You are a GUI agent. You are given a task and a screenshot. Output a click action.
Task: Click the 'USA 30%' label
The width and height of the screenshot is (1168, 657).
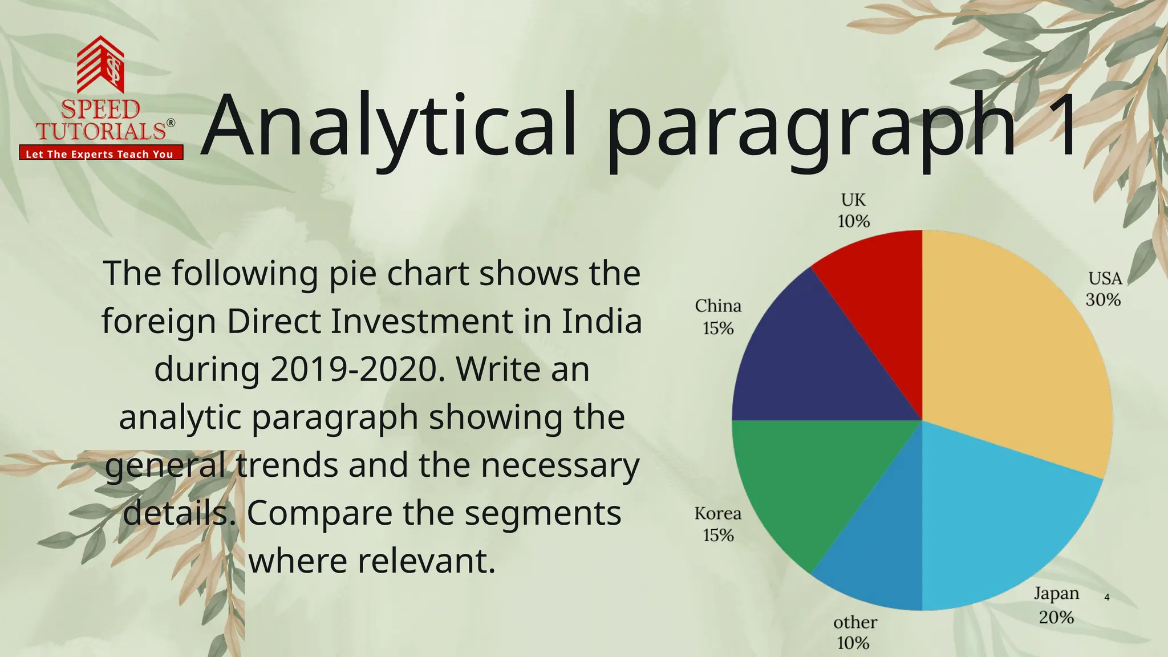point(1104,289)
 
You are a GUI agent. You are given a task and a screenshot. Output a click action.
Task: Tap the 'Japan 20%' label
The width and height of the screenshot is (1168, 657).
point(1056,605)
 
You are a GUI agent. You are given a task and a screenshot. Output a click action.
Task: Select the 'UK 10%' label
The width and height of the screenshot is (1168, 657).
point(853,210)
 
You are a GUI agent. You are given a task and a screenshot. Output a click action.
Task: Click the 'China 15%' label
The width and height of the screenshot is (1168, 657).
point(718,317)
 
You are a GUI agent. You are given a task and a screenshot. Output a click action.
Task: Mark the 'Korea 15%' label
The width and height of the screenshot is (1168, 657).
point(718,524)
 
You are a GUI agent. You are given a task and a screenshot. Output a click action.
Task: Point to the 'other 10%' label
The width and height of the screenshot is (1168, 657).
point(854,632)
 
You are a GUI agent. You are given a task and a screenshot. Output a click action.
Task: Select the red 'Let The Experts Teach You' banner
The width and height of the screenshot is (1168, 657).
point(101,153)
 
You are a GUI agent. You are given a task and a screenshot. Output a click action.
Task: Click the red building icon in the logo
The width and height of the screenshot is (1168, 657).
point(101,64)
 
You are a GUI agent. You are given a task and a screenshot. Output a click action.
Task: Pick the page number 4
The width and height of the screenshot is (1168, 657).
point(1107,598)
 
